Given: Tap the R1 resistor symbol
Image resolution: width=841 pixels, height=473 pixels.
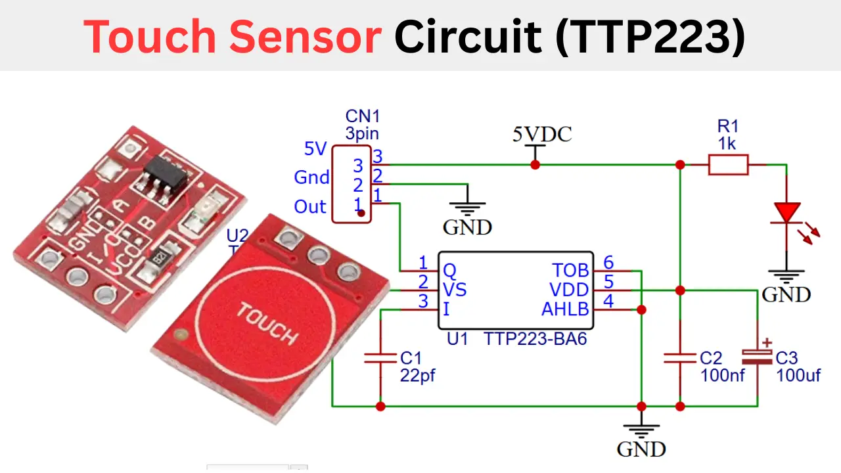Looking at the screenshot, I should pos(728,165).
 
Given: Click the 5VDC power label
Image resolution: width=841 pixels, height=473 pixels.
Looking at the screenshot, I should pos(542,135).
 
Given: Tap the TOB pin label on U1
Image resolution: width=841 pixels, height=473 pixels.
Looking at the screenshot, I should pos(570,271).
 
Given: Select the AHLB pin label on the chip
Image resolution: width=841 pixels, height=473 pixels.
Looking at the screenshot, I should pos(565,309).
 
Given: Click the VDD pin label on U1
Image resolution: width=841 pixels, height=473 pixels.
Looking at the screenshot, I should pos(569,290).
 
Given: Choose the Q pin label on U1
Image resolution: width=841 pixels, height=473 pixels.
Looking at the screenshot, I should pos(449,271).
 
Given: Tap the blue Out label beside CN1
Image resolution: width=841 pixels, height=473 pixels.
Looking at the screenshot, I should pos(310,206).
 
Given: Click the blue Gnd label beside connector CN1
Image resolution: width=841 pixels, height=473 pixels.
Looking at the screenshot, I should pos(311,177).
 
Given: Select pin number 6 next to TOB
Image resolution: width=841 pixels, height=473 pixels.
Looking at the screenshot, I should pos(608,263).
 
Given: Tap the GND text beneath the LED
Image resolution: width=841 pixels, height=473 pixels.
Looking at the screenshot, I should pos(786,294).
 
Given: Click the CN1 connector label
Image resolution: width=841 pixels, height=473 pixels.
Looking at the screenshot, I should pos(363,116).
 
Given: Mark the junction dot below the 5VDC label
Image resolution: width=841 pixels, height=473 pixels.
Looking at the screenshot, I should pos(535,165).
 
